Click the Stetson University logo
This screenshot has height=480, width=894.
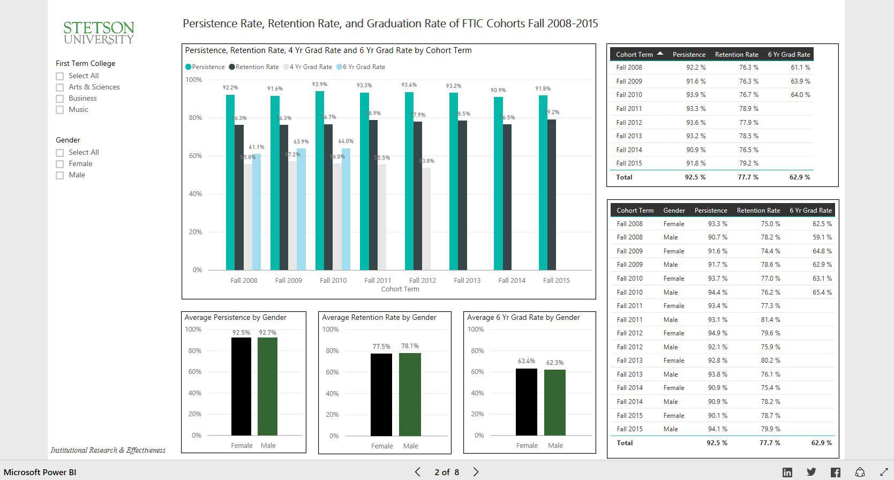(x=99, y=33)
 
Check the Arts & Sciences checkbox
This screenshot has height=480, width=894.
(x=60, y=87)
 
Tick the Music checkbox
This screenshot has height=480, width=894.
(x=60, y=110)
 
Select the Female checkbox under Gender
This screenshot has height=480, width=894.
(x=60, y=164)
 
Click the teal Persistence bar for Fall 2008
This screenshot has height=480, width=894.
(x=230, y=182)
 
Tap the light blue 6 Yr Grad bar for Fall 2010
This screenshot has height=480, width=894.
(x=346, y=209)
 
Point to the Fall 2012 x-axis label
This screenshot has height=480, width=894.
(x=422, y=280)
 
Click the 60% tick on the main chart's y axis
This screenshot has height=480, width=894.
(x=195, y=156)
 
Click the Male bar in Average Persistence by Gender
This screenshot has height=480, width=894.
(x=267, y=386)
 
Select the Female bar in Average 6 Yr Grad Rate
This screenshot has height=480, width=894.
(x=526, y=402)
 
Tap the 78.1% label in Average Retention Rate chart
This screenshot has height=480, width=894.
(x=410, y=346)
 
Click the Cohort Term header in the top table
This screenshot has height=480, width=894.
(x=634, y=54)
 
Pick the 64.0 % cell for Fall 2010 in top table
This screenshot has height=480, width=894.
(x=800, y=95)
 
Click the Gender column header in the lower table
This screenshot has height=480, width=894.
(x=674, y=211)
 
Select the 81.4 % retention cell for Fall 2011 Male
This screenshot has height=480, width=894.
(x=770, y=320)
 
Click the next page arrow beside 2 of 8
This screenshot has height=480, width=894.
(x=476, y=472)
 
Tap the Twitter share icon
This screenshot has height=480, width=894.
(x=812, y=472)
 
